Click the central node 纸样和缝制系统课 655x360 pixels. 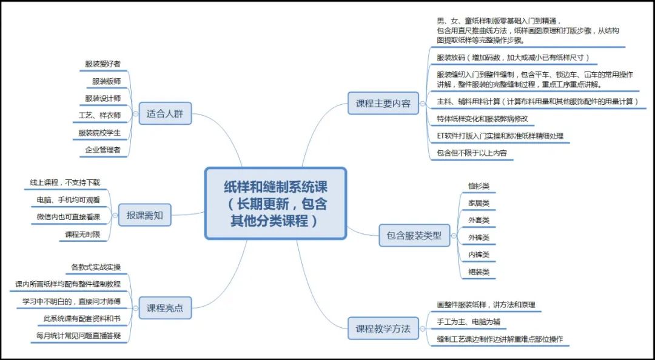click(275, 203)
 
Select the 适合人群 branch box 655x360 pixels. click(165, 113)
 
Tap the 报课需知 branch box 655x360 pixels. click(144, 215)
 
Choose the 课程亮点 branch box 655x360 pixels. click(165, 308)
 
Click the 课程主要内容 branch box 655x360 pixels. click(383, 103)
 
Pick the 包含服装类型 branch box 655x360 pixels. click(414, 235)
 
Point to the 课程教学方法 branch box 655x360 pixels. click(383, 329)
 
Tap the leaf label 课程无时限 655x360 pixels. click(82, 235)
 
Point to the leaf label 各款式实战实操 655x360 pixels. click(96, 267)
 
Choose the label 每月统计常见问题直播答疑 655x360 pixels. click(79, 335)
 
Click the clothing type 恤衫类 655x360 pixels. click(479, 186)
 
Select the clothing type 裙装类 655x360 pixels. click(479, 272)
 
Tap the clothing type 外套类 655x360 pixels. click(479, 220)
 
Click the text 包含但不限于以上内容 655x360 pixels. click(471, 153)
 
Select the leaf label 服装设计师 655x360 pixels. click(103, 98)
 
